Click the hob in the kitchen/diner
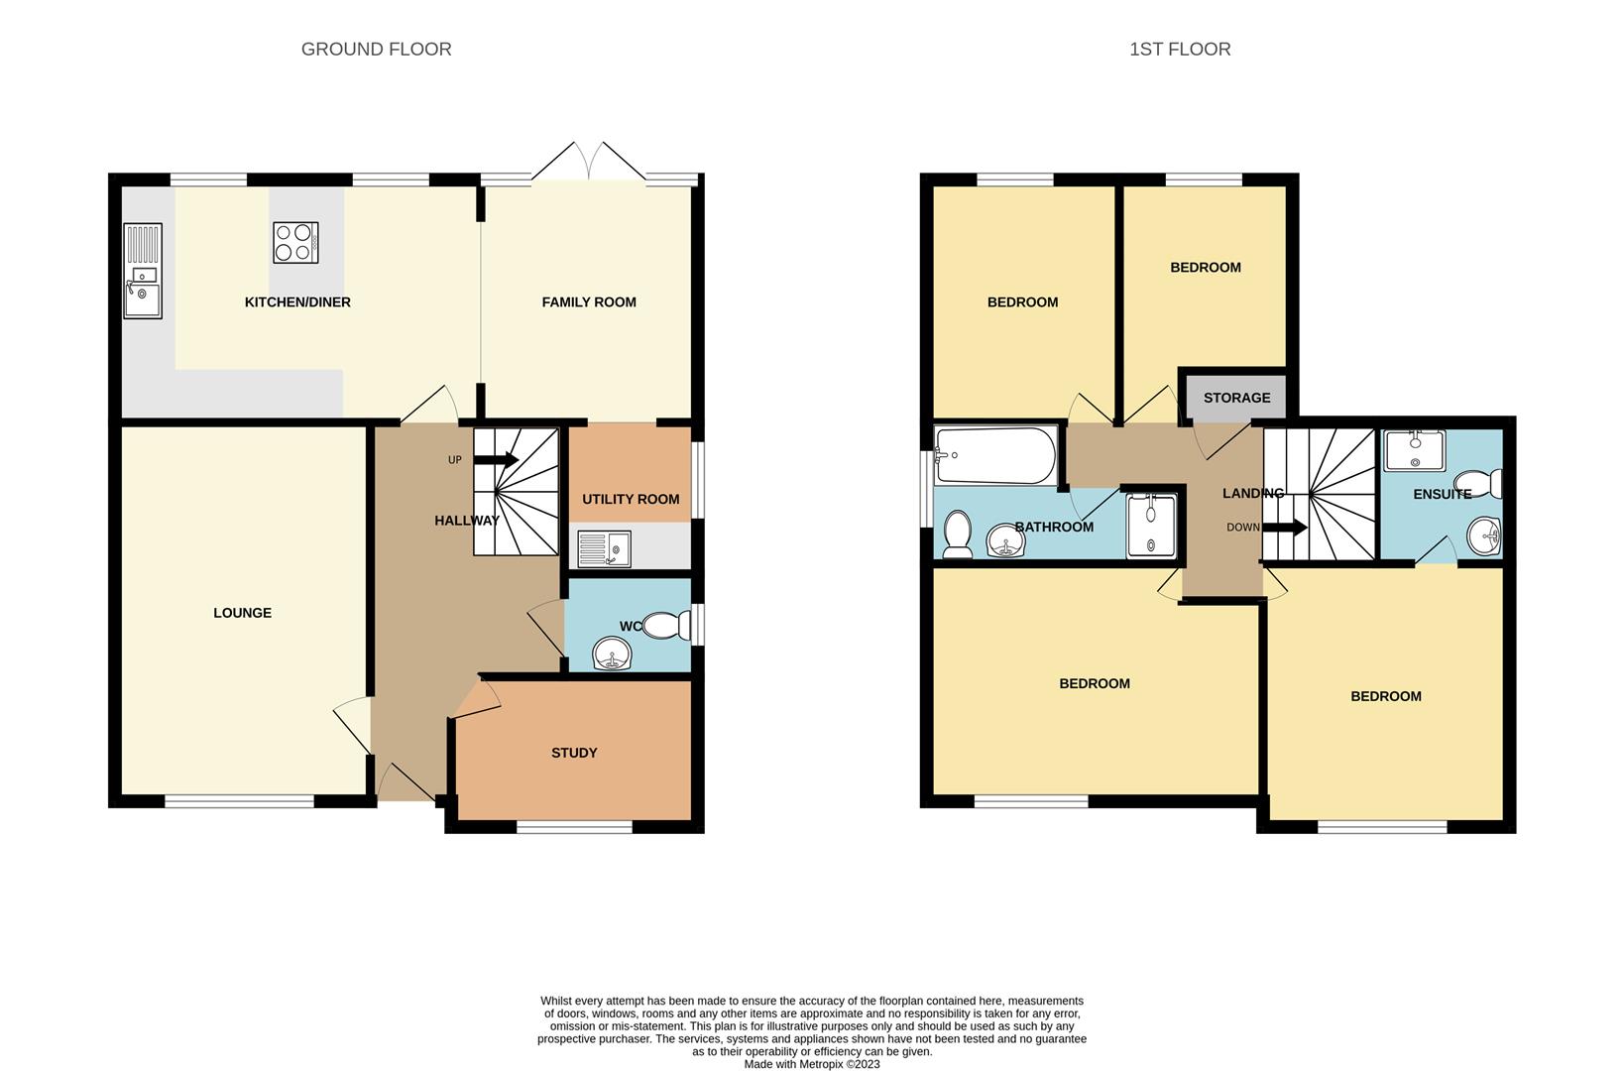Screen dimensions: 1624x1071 tap(295, 242)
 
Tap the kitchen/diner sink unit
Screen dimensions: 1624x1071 tap(143, 271)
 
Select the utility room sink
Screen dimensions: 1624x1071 tap(605, 549)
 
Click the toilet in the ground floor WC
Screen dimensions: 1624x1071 tap(666, 625)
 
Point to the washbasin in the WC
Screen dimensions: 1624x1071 tap(612, 654)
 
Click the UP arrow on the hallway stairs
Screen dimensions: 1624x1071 tap(495, 460)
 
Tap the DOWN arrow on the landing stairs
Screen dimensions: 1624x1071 tap(1285, 528)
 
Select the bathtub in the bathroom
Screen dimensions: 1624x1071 tap(995, 455)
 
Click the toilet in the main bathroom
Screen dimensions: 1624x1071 tap(957, 535)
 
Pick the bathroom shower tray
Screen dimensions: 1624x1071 tap(1151, 526)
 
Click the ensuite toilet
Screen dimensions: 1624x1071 tap(1477, 484)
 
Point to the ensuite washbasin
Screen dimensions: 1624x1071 tap(1484, 536)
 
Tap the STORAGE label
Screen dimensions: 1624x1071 tap(1237, 398)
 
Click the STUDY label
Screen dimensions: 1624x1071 tap(574, 753)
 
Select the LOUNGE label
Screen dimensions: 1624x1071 tap(242, 613)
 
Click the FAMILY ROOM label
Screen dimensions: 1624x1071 tap(589, 301)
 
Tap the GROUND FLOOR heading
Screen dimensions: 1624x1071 tap(377, 49)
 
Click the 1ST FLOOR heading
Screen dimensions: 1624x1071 tap(1180, 49)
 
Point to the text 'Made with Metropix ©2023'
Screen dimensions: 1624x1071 tap(812, 1064)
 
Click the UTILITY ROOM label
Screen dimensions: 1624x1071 tap(631, 499)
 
